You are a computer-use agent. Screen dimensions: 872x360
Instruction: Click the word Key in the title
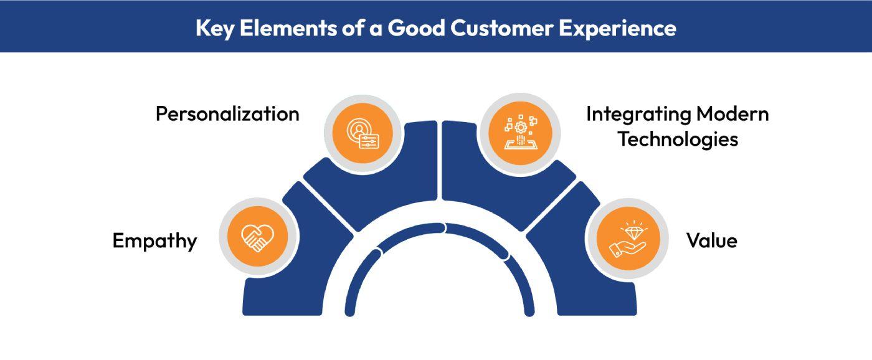(215, 29)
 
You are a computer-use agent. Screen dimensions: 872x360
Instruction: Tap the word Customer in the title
(502, 28)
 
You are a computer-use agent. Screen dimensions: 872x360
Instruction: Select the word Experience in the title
(618, 29)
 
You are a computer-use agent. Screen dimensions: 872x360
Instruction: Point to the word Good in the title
(416, 28)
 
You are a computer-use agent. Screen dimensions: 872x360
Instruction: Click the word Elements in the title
(288, 28)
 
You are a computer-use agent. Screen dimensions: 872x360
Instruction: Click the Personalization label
(228, 114)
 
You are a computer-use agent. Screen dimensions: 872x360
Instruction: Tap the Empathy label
(154, 241)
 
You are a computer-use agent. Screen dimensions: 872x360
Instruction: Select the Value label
(711, 240)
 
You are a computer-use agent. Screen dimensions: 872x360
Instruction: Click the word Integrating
(638, 115)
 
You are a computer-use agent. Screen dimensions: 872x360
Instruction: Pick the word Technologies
(678, 140)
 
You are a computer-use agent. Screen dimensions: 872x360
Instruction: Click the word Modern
(732, 114)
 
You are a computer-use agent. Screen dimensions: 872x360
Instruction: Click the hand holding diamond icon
(628, 239)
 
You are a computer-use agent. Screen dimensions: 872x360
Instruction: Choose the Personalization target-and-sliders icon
(363, 133)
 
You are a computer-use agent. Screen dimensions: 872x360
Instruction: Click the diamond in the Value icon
(634, 232)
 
